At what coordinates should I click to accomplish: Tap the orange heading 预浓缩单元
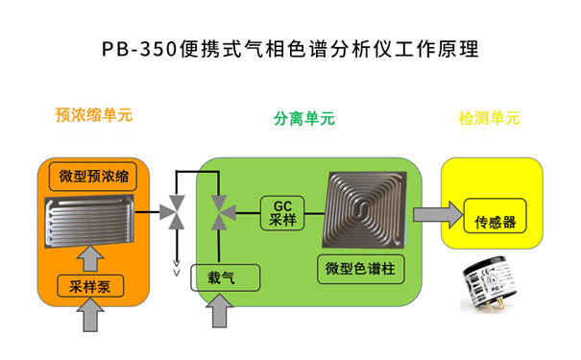click(93, 115)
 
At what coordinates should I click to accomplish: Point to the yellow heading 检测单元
click(490, 119)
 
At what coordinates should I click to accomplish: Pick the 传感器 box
click(496, 222)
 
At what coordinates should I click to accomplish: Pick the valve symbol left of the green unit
click(176, 210)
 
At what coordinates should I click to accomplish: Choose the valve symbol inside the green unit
click(220, 211)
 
